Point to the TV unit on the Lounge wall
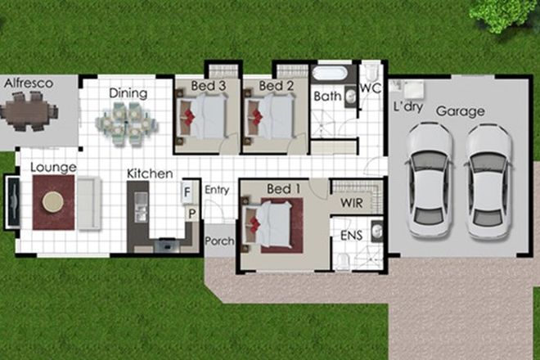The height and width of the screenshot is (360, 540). click(x=12, y=201)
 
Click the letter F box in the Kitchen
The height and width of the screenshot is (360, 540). click(x=187, y=192)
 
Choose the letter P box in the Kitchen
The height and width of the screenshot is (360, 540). click(x=192, y=214)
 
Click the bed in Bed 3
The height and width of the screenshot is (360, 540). click(x=205, y=117)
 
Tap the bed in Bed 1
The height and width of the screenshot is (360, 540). click(x=272, y=223)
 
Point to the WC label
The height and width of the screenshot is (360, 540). click(x=371, y=88)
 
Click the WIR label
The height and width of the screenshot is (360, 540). click(x=351, y=200)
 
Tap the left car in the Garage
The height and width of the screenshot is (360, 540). click(x=430, y=180)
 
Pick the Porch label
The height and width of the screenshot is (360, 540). click(x=218, y=241)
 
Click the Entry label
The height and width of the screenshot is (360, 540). click(x=217, y=190)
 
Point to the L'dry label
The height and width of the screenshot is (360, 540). click(x=407, y=108)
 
